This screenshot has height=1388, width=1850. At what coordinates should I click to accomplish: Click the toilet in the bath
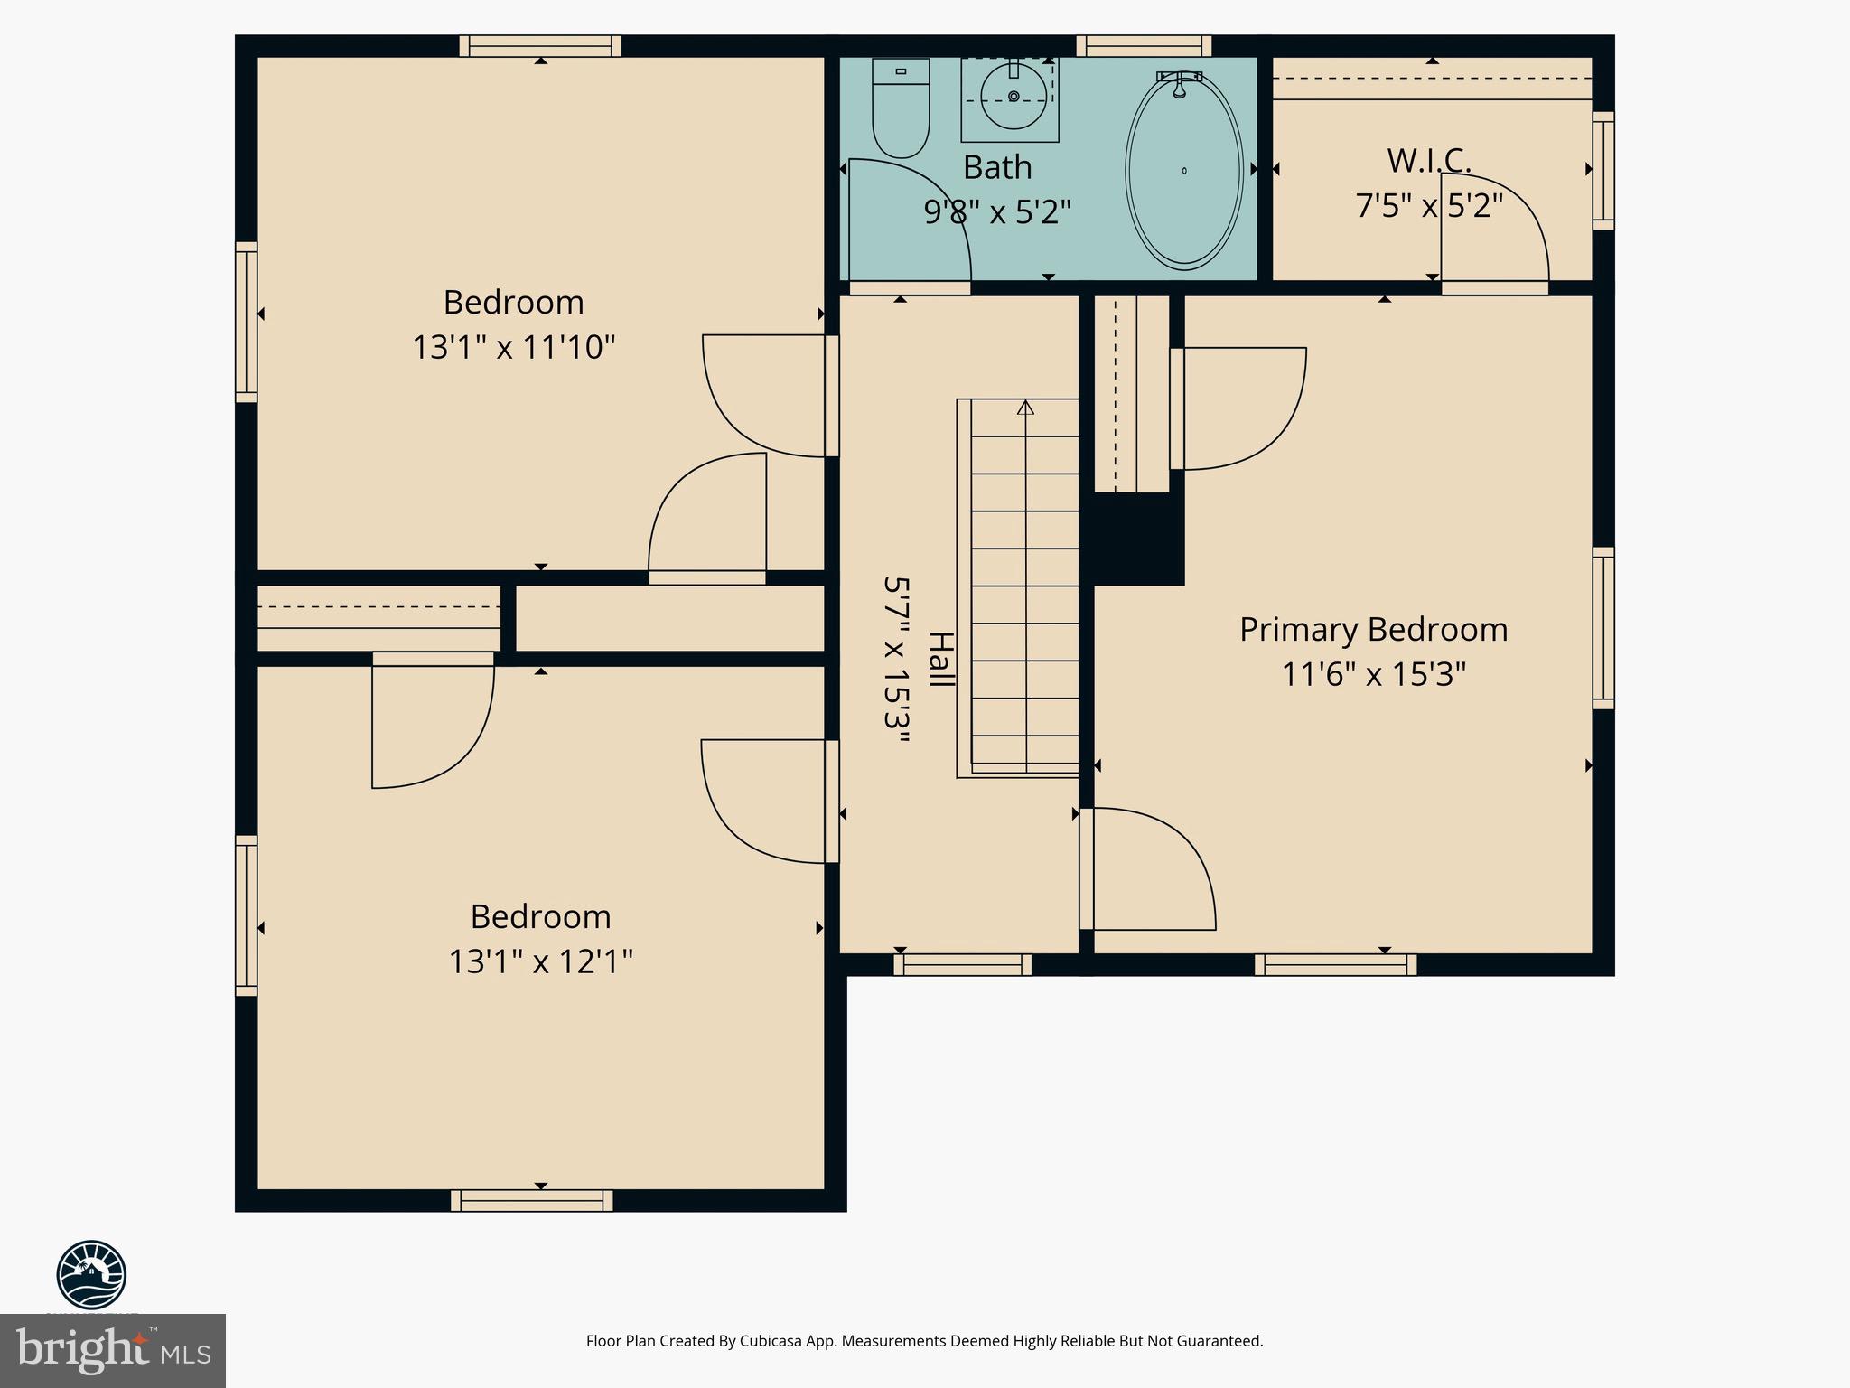coord(901,108)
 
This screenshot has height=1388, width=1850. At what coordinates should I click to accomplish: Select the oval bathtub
coord(1183,170)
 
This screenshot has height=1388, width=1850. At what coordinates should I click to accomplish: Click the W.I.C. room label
coord(1429,161)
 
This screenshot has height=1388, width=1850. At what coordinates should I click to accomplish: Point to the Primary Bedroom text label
coord(1373,630)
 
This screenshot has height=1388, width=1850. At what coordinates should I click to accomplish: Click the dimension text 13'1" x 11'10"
coord(513,347)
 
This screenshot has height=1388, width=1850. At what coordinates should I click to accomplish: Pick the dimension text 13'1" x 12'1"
coord(540,961)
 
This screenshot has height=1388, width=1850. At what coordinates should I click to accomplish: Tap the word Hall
coord(940,660)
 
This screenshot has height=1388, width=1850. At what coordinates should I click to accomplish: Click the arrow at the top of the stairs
coord(1025,408)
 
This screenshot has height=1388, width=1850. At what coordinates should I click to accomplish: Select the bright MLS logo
coord(113,1351)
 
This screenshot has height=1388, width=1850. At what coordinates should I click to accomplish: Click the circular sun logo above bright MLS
coord(91,1275)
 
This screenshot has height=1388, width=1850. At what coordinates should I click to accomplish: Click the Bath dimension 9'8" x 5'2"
coord(997,212)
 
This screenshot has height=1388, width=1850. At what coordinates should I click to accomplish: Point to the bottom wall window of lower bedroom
coord(532,1200)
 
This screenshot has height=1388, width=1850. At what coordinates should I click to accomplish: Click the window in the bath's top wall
coord(1144,46)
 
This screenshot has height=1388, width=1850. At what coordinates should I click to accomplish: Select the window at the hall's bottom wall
coord(963,965)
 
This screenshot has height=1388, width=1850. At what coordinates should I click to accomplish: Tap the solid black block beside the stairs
coord(1134,539)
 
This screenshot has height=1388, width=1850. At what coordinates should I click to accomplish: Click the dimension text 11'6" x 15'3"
coord(1373,675)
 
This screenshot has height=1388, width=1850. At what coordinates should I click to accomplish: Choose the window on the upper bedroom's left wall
coord(247,322)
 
